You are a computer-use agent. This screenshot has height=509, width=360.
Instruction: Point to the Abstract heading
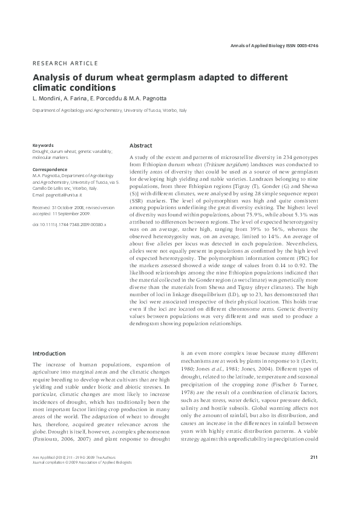pos(141,146)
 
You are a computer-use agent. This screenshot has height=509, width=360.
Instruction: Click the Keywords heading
pos(43,145)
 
